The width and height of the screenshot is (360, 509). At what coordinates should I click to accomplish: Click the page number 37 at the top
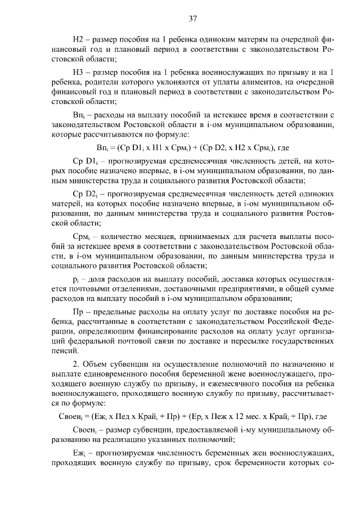[192, 19]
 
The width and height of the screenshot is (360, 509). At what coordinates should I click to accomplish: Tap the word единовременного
[109, 374]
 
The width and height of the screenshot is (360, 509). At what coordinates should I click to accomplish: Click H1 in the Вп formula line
[147, 147]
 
